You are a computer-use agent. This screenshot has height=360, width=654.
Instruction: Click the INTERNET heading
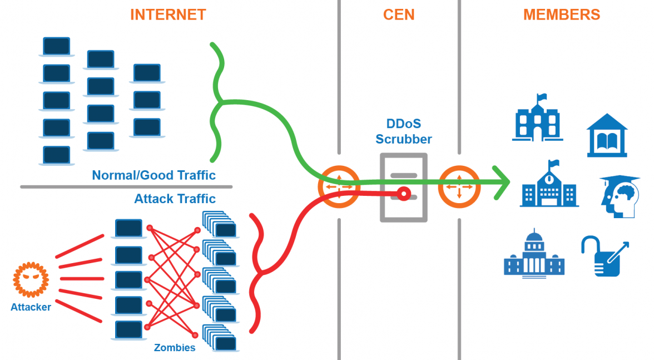coord(168,15)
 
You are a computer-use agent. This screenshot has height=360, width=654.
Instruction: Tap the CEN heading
coord(399,15)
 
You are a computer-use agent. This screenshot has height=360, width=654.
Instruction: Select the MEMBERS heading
coord(562,15)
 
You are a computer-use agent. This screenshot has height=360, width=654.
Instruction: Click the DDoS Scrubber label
coord(403,131)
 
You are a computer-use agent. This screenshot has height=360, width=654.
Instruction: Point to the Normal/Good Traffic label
coord(153,175)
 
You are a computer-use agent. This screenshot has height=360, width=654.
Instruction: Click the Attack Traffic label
coord(175,199)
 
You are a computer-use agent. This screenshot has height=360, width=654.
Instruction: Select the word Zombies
coord(175,348)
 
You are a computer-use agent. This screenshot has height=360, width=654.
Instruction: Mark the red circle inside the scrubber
coord(404,194)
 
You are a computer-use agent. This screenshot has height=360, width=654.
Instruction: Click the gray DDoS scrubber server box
coord(404,188)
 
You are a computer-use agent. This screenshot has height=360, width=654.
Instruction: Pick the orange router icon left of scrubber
coord(339,187)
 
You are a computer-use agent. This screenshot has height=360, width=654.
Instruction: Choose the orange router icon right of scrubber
coord(459,187)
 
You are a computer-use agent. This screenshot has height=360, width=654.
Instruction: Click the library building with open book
coord(607,136)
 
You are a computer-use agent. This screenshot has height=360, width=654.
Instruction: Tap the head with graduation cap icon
coord(620,196)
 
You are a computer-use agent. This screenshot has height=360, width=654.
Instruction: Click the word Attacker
coord(31,307)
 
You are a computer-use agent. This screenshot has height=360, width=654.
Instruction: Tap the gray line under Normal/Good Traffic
coord(126,187)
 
